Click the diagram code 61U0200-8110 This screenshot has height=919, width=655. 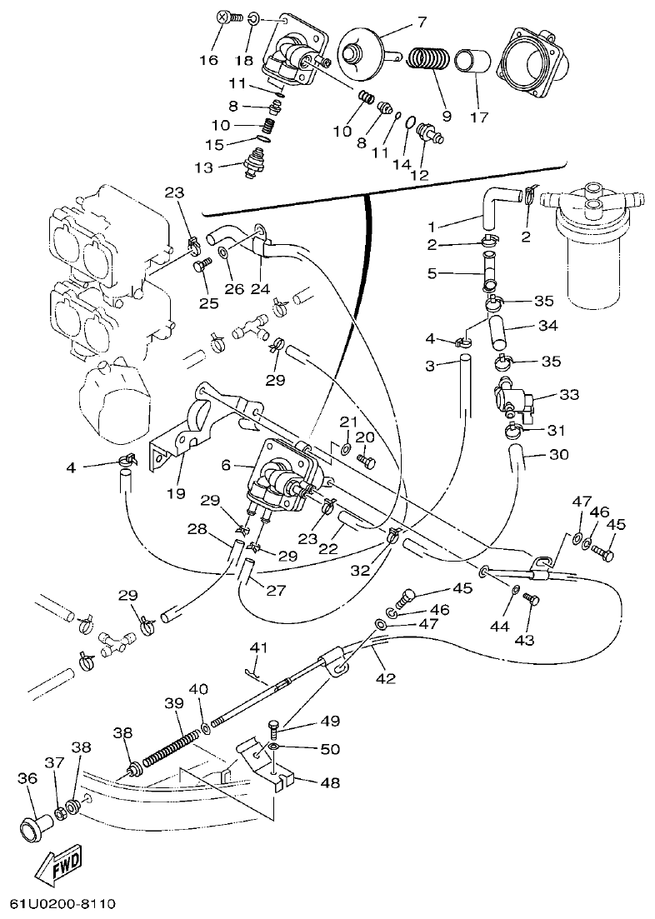(62, 904)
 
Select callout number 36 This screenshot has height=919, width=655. (27, 778)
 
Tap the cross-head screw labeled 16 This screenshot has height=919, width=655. (223, 17)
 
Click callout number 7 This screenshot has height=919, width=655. (421, 21)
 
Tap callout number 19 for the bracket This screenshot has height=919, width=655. (174, 494)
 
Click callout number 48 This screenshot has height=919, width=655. (330, 783)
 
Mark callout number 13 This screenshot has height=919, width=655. (203, 167)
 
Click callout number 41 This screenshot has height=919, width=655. (258, 647)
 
